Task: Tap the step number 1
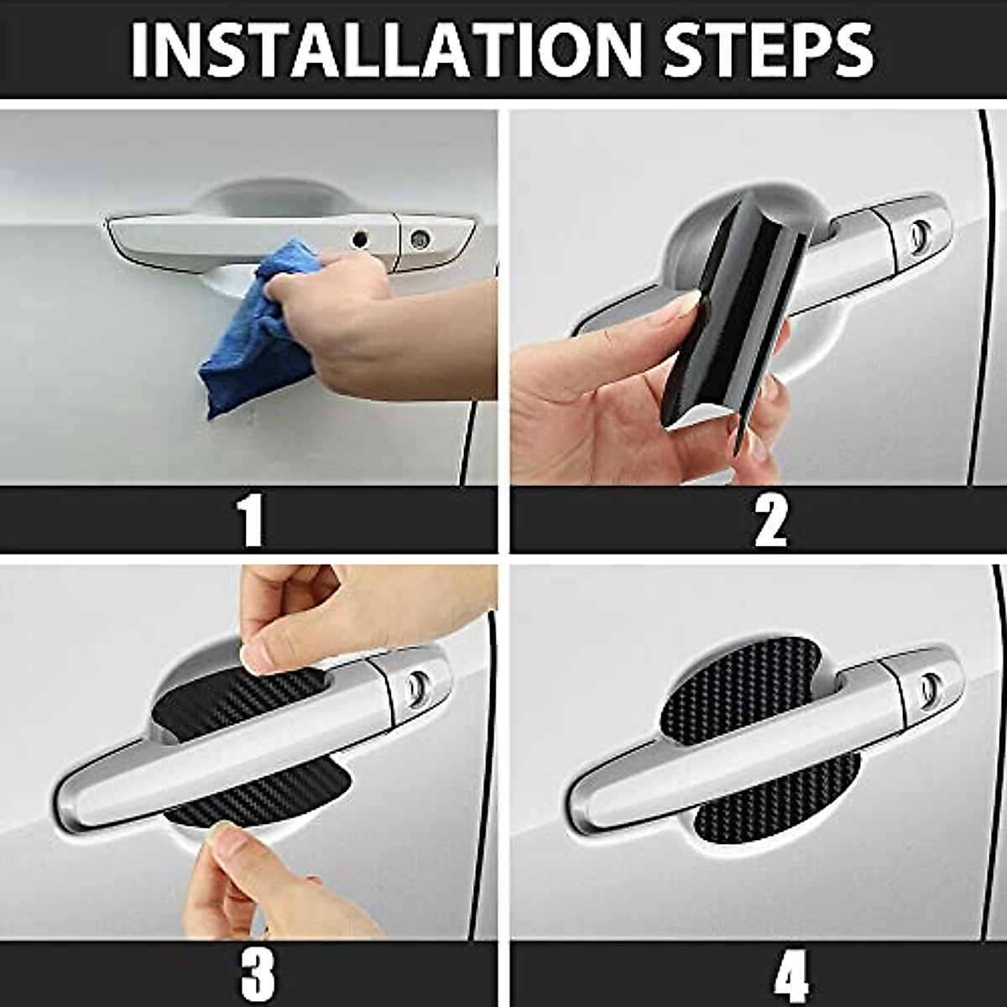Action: tap(251, 520)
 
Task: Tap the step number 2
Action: tap(770, 520)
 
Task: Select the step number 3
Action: tap(257, 974)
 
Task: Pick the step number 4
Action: tap(790, 974)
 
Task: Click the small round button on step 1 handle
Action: tap(361, 239)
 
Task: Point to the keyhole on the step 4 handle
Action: tap(929, 688)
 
